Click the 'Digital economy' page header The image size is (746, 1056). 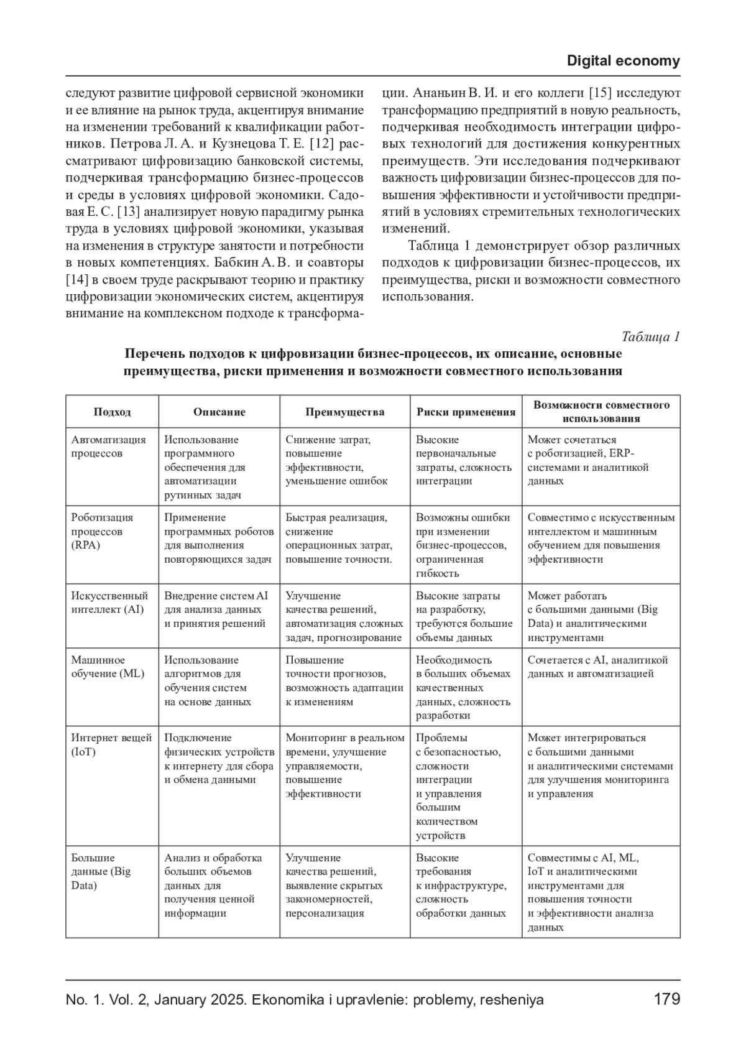(623, 61)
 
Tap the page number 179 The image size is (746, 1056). (667, 999)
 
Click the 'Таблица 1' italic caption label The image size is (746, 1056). (651, 336)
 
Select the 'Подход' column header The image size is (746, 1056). (112, 412)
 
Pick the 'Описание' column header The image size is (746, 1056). (219, 412)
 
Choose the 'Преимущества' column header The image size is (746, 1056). (344, 412)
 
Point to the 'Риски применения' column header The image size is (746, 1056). (466, 412)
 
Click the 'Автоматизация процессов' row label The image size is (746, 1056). (108, 447)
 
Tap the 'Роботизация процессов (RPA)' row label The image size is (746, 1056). (102, 531)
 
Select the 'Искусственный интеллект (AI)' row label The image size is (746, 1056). (109, 603)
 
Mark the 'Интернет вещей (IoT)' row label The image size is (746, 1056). (111, 744)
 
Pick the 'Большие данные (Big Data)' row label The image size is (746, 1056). (101, 871)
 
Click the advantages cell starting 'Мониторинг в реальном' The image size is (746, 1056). (344, 766)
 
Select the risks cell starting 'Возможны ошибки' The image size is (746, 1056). (463, 545)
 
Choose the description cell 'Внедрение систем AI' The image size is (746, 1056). (216, 609)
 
